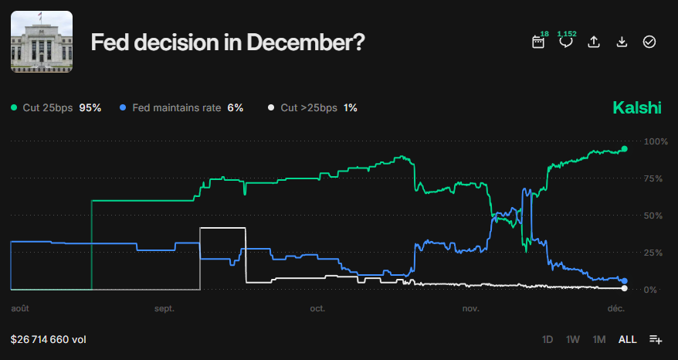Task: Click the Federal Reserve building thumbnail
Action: click(x=42, y=42)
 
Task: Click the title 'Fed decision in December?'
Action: click(x=228, y=42)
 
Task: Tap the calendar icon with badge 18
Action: click(x=538, y=42)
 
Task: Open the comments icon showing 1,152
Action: click(x=566, y=42)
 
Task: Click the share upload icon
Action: click(x=594, y=42)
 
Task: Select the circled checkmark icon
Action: click(x=649, y=42)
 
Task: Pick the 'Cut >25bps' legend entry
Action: click(x=312, y=108)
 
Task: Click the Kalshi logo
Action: click(x=637, y=108)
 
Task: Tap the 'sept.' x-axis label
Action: click(x=164, y=309)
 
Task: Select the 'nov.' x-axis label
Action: click(x=470, y=309)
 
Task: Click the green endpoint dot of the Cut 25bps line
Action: click(x=624, y=148)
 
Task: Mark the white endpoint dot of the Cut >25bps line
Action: click(x=624, y=289)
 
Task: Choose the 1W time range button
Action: click(x=572, y=339)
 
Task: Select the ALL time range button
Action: click(x=628, y=339)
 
